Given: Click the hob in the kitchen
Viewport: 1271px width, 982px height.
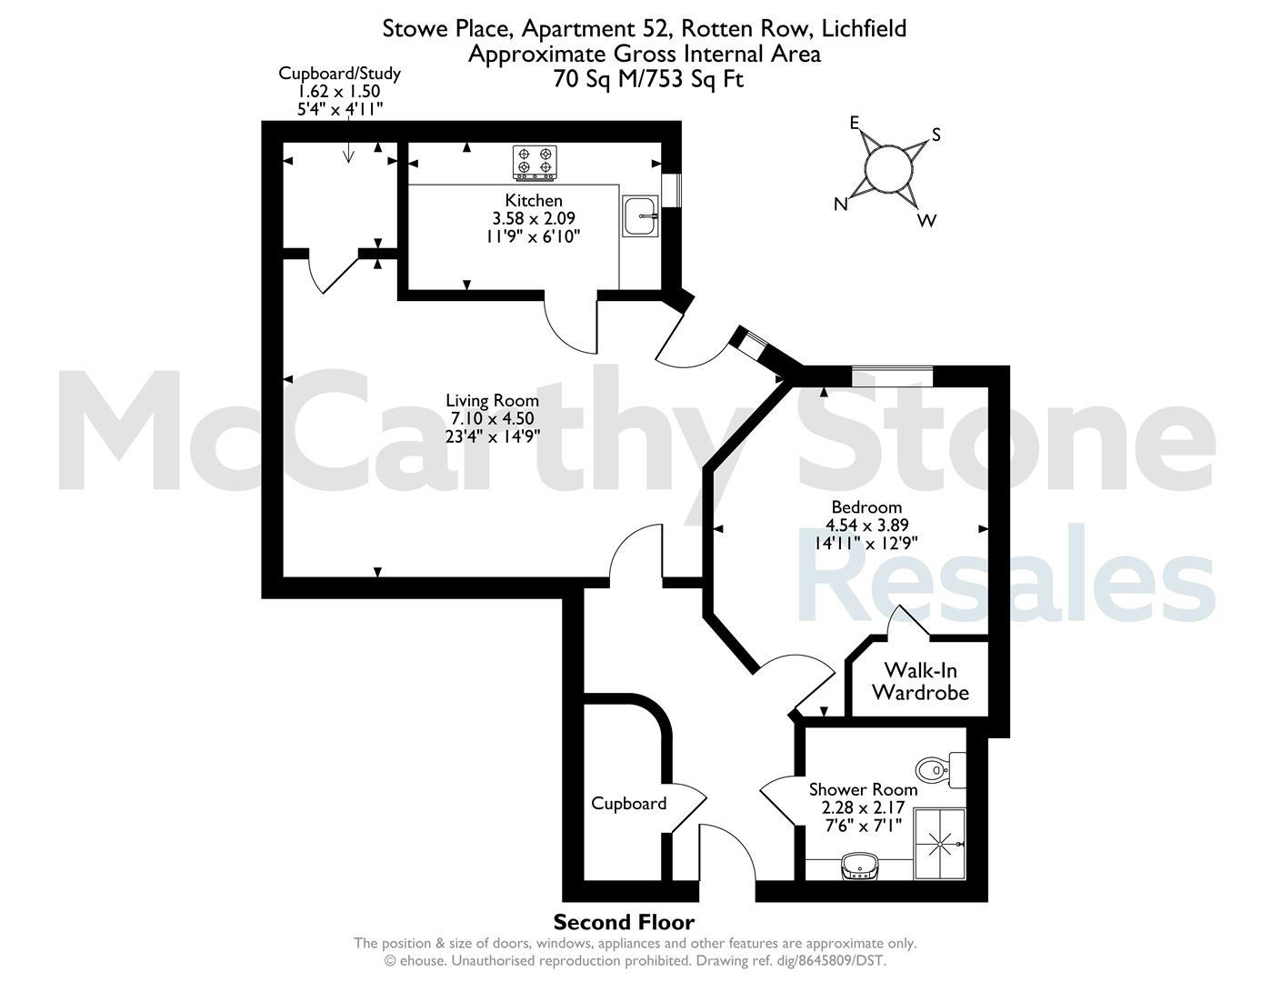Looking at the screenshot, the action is click(x=535, y=162).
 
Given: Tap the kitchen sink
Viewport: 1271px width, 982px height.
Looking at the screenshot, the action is click(x=640, y=215).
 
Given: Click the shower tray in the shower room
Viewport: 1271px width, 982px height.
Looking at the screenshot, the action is click(x=939, y=844).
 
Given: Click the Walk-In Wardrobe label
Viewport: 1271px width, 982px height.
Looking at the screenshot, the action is click(x=921, y=681).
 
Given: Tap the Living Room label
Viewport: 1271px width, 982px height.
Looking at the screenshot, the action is click(x=493, y=401).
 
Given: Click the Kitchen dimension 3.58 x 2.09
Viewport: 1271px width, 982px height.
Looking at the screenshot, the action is click(x=534, y=218).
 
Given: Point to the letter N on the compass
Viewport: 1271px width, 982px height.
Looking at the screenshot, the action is click(x=840, y=204).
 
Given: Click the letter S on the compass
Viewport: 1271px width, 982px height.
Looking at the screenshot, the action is click(x=936, y=135).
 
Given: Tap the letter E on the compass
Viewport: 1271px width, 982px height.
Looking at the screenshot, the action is click(x=855, y=123).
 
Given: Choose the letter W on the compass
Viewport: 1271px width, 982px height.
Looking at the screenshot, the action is click(x=927, y=221).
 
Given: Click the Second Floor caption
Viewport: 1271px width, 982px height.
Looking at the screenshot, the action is click(x=624, y=922).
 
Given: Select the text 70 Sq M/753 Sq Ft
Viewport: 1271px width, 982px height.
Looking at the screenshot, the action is click(x=648, y=79).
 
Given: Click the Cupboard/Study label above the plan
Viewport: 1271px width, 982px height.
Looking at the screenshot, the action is click(x=339, y=74).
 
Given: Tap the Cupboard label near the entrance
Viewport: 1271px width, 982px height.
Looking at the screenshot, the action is click(x=629, y=804).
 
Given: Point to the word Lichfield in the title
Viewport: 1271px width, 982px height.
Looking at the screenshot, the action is click(x=864, y=28).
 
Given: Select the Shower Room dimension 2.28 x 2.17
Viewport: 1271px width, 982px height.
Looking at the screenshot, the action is click(x=864, y=807).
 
